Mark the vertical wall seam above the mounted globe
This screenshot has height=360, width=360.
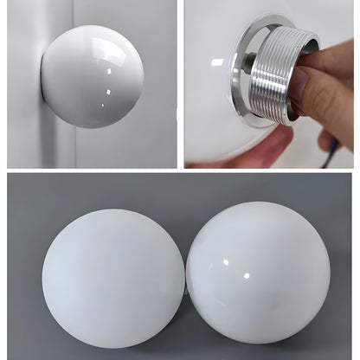coord(73,12)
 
